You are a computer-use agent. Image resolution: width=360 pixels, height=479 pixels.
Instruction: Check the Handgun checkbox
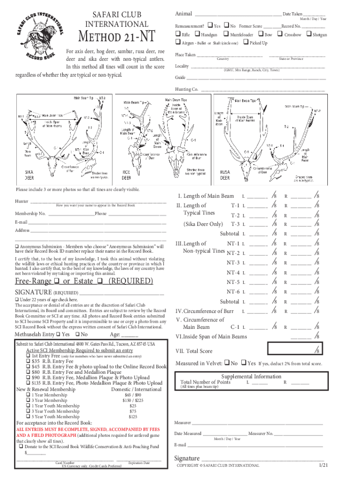(197, 34)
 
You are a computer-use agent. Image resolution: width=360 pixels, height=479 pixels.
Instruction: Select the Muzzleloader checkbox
(226, 34)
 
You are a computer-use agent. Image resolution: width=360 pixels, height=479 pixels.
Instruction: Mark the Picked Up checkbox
(246, 43)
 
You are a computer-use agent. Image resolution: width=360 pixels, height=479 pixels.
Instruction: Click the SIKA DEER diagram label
(29, 175)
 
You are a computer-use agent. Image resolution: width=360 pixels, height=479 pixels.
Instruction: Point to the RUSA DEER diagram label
(225, 175)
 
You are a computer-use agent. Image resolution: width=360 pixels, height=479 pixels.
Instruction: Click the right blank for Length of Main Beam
(301, 196)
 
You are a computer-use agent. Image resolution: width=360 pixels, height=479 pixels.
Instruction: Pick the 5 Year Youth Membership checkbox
(29, 416)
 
